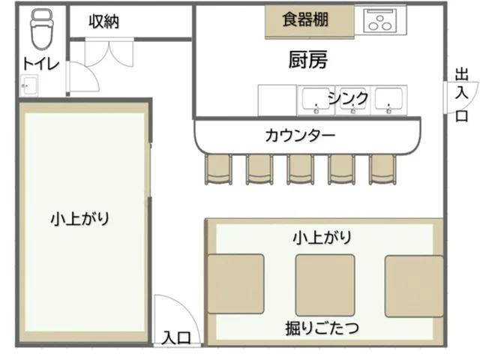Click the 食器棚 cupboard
(x=307, y=20)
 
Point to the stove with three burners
(x=383, y=19)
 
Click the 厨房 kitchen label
(x=307, y=59)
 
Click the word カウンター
(x=300, y=136)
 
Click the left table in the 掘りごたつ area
(x=235, y=284)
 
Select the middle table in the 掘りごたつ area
(x=324, y=284)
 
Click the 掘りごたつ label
(x=321, y=327)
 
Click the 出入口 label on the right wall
(x=461, y=94)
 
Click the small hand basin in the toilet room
(x=29, y=86)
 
